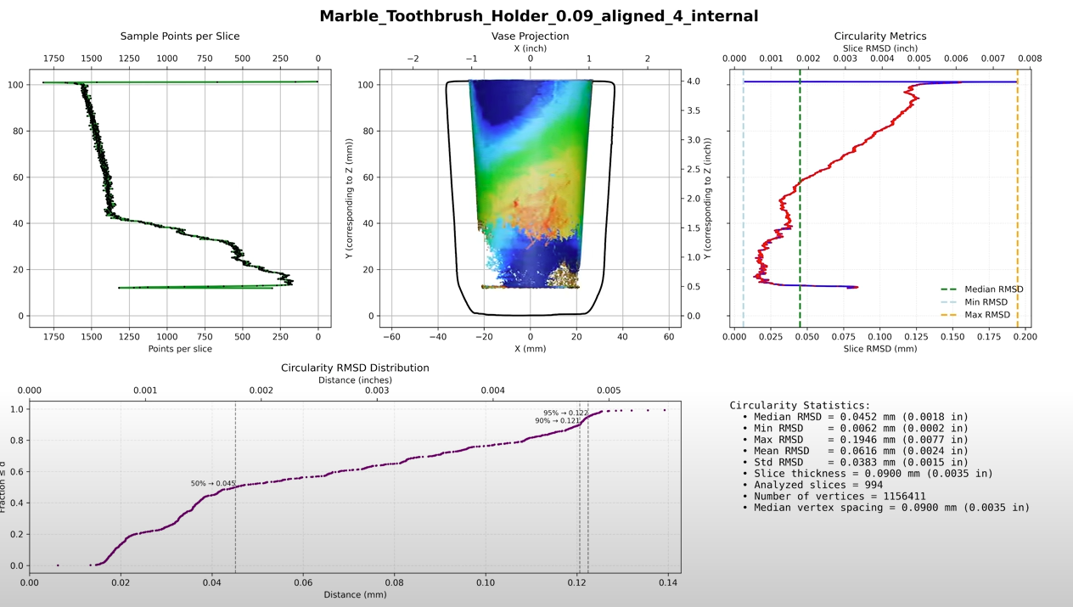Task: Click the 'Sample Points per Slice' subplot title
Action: point(180,37)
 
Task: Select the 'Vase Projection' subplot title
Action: point(530,37)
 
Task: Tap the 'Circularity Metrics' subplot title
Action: point(880,37)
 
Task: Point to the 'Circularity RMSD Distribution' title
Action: point(355,368)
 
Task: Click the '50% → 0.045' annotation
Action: point(213,484)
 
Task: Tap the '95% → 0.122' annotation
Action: point(565,413)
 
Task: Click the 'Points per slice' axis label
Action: point(180,349)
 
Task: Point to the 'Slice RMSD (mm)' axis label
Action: point(880,349)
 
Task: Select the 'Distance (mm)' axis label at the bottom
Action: point(355,594)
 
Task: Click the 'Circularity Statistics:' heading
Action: point(800,406)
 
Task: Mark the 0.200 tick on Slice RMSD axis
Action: point(1025,337)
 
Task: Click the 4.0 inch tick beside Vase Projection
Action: point(694,81)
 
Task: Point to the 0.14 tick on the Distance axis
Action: point(668,582)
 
